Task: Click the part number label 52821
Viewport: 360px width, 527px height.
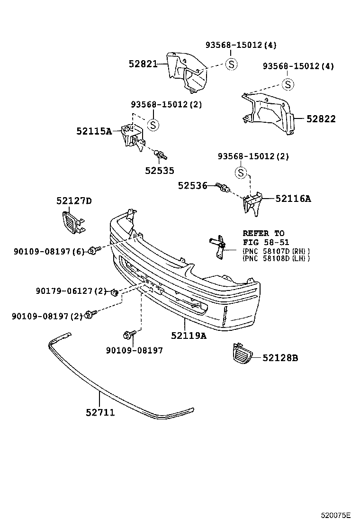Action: point(143,64)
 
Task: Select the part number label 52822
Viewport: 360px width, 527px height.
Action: point(321,119)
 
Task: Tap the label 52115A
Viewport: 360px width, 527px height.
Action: point(94,131)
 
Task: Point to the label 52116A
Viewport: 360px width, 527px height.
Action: point(293,199)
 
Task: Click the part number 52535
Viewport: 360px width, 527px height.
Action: point(160,171)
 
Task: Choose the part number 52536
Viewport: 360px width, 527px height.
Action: point(192,186)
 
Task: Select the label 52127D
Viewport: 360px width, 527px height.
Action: point(74,201)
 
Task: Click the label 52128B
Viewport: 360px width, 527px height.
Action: point(281,358)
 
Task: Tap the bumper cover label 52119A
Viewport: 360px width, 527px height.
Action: point(189,336)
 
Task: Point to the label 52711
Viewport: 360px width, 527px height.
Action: point(100,413)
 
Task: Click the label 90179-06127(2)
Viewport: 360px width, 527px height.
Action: point(72,291)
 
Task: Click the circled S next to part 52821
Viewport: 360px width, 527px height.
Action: point(231,64)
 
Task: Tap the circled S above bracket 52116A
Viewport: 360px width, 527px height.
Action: point(241,173)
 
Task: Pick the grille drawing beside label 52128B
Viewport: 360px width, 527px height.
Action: point(242,355)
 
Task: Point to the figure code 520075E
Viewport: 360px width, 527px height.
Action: point(334,514)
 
